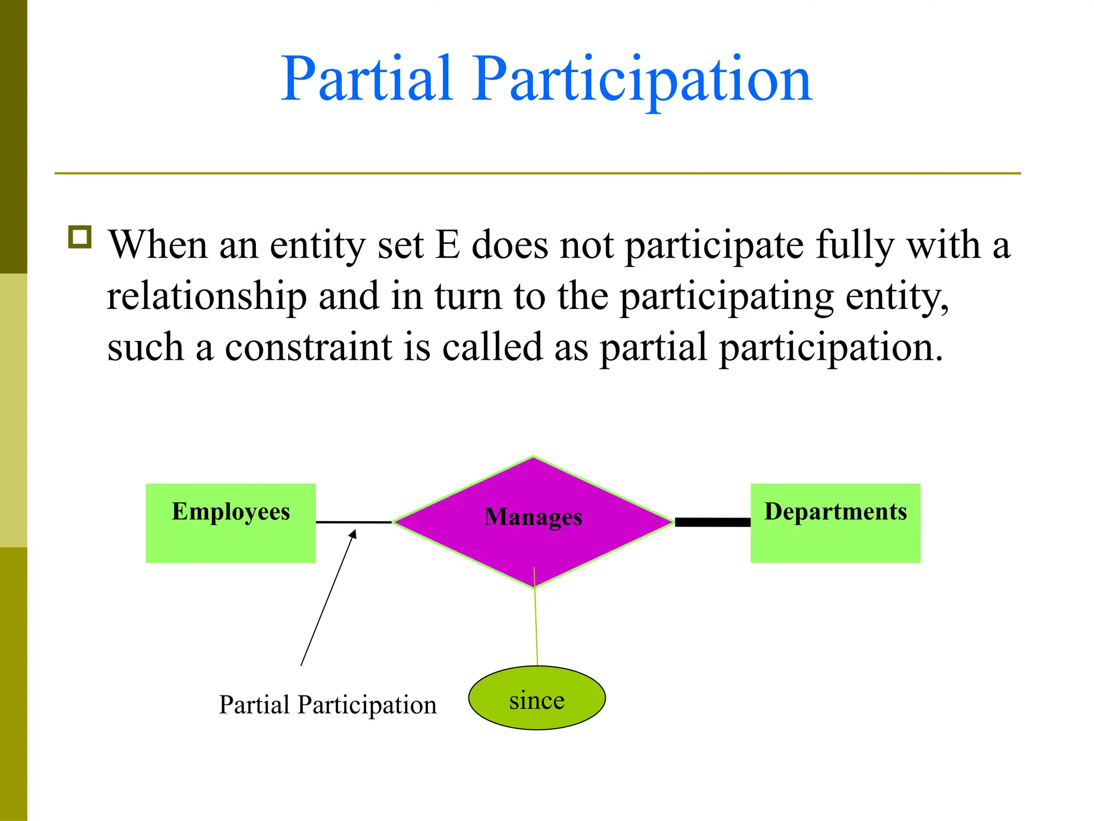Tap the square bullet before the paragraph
(80, 237)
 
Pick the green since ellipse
(536, 698)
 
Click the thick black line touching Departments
(712, 522)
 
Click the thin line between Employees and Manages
(354, 522)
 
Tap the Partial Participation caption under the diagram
(327, 704)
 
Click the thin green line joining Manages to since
(536, 625)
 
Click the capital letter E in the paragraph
(448, 245)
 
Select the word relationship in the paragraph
(207, 296)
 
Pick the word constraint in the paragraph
(308, 347)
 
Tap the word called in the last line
(492, 347)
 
